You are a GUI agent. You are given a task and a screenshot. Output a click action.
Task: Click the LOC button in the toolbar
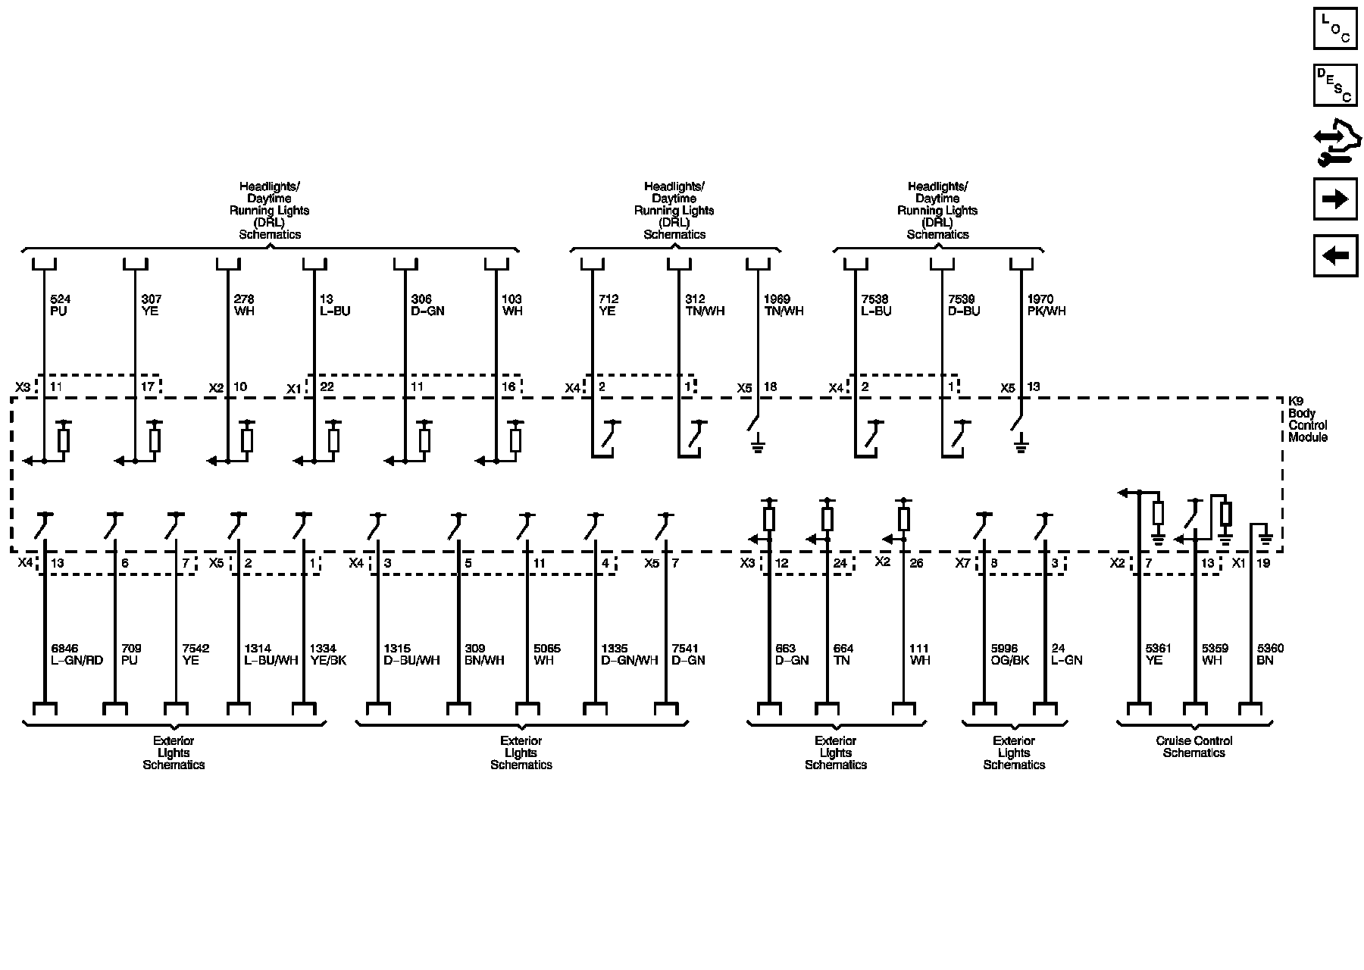point(1334,28)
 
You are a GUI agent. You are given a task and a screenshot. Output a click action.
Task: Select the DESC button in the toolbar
point(1334,85)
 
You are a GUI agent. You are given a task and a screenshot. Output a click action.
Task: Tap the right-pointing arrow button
point(1334,199)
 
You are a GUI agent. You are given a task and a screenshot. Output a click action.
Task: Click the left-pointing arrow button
point(1334,256)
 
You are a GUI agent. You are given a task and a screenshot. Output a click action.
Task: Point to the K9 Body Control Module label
point(1307,419)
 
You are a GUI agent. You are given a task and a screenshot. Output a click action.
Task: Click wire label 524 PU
point(59,305)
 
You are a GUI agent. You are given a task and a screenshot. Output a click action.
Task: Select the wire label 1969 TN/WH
point(784,305)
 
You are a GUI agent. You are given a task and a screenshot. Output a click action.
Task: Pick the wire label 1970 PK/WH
point(1046,305)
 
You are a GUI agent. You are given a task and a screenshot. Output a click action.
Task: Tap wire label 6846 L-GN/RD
point(77,655)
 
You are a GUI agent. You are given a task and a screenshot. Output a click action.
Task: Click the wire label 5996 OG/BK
point(1010,655)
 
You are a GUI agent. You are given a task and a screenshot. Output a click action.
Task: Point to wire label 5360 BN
point(1270,655)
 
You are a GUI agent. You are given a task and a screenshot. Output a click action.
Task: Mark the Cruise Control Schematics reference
point(1194,747)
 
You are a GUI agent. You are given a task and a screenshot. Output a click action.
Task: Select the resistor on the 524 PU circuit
point(64,440)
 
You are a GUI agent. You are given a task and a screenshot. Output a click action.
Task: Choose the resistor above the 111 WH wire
point(903,519)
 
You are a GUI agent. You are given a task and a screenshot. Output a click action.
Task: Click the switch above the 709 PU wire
point(114,524)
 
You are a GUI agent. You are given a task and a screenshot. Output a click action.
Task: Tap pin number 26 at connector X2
point(916,564)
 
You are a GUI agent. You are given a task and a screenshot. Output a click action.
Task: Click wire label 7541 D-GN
point(688,655)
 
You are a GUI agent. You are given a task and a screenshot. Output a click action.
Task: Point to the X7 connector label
point(962,563)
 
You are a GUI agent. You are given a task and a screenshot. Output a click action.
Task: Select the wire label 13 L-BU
point(335,305)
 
